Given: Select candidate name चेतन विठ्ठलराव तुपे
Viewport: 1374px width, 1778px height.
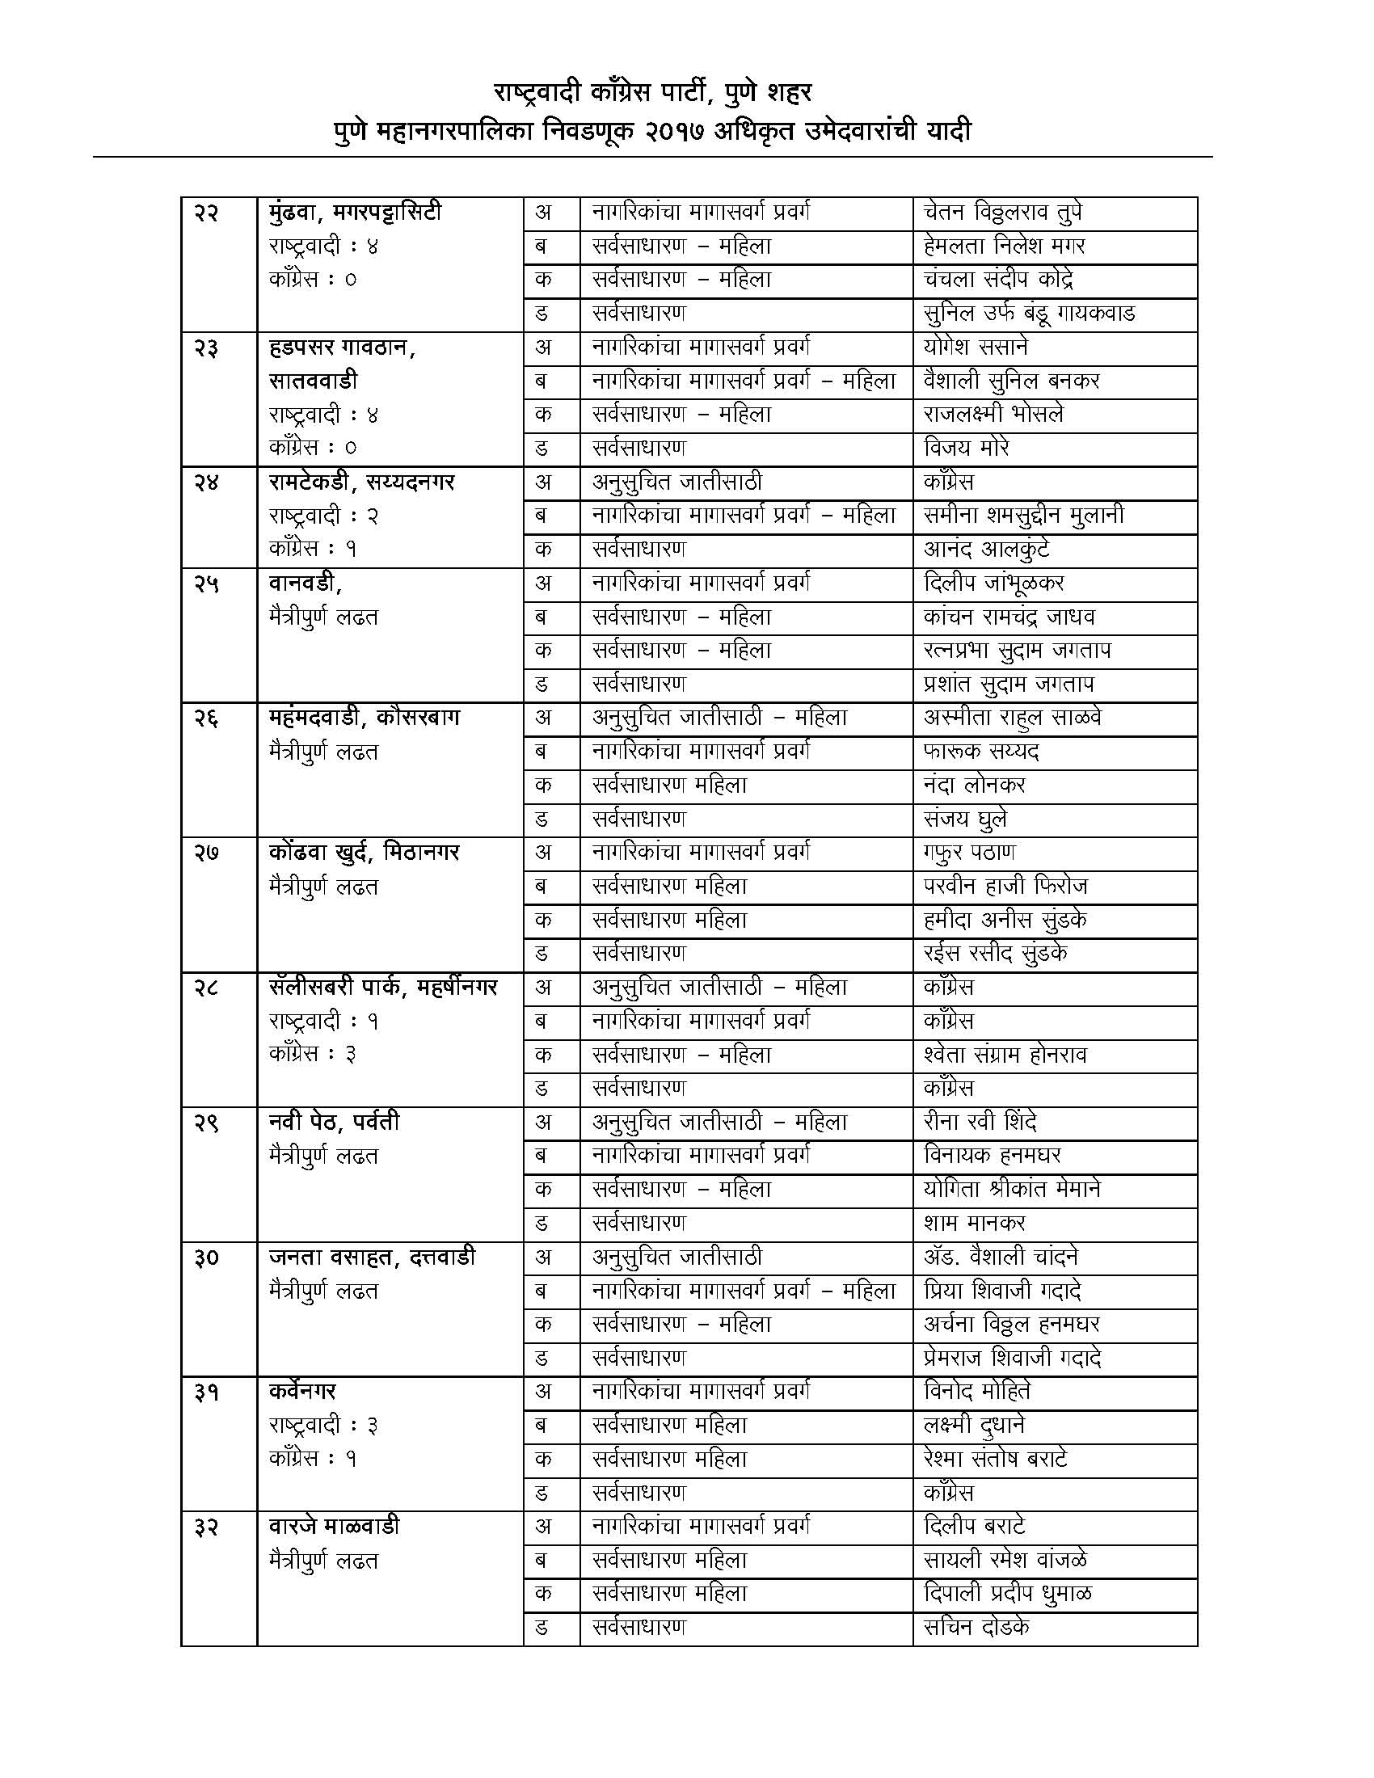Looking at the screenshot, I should coord(1002,213).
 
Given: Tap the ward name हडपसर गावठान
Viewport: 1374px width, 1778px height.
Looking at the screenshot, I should coord(343,348).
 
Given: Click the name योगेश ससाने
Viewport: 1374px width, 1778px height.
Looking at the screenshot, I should coord(976,348).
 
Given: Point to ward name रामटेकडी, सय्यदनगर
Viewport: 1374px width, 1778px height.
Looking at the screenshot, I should coord(361,482).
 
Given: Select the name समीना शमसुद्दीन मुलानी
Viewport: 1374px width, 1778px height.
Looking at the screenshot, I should coord(1023,516).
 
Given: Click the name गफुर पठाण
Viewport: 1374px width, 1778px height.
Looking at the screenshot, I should coord(969,853).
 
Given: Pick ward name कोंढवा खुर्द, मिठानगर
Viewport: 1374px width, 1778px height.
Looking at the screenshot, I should coord(364,853).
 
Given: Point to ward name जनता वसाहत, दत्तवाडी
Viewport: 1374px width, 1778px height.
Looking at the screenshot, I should coord(372,1258).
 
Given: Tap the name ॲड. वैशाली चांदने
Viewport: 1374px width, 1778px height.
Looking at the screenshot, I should coord(1001,1258).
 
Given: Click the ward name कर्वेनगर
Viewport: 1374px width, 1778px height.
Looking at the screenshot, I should coord(302,1393).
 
